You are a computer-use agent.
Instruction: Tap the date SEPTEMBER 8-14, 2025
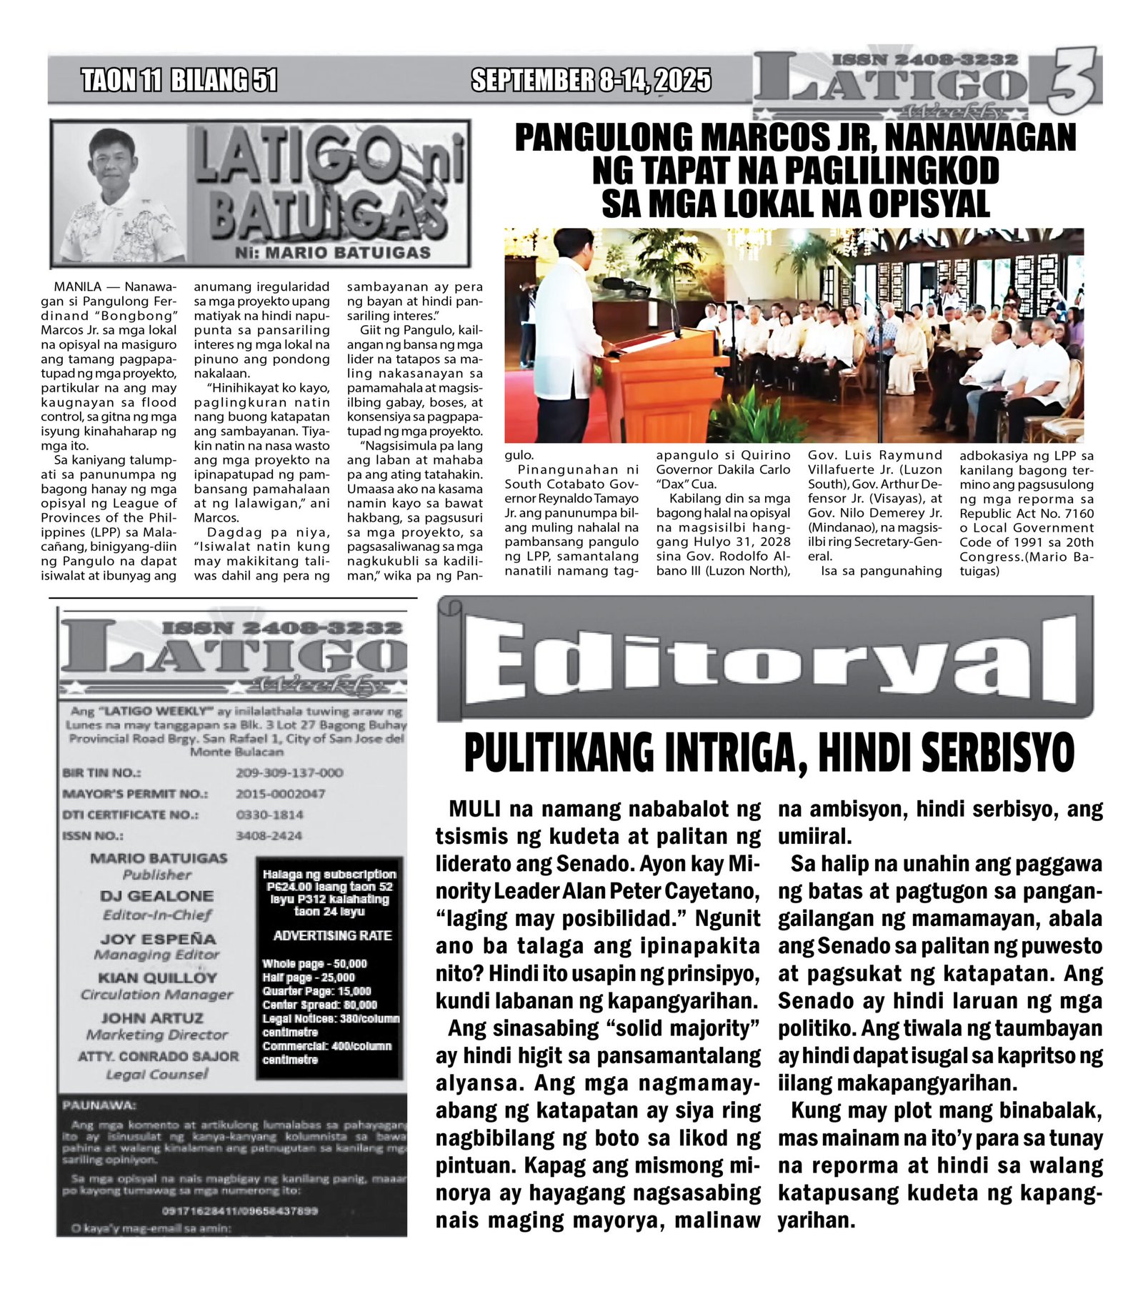coord(591,80)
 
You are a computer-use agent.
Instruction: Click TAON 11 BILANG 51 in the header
coord(179,80)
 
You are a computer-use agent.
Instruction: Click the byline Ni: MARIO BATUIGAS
coord(332,253)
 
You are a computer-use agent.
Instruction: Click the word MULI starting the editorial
coord(474,810)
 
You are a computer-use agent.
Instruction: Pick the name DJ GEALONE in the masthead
coord(156,896)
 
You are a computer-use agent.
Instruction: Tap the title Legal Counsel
coord(157,1074)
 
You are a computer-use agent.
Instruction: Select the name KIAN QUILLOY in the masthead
coord(157,977)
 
